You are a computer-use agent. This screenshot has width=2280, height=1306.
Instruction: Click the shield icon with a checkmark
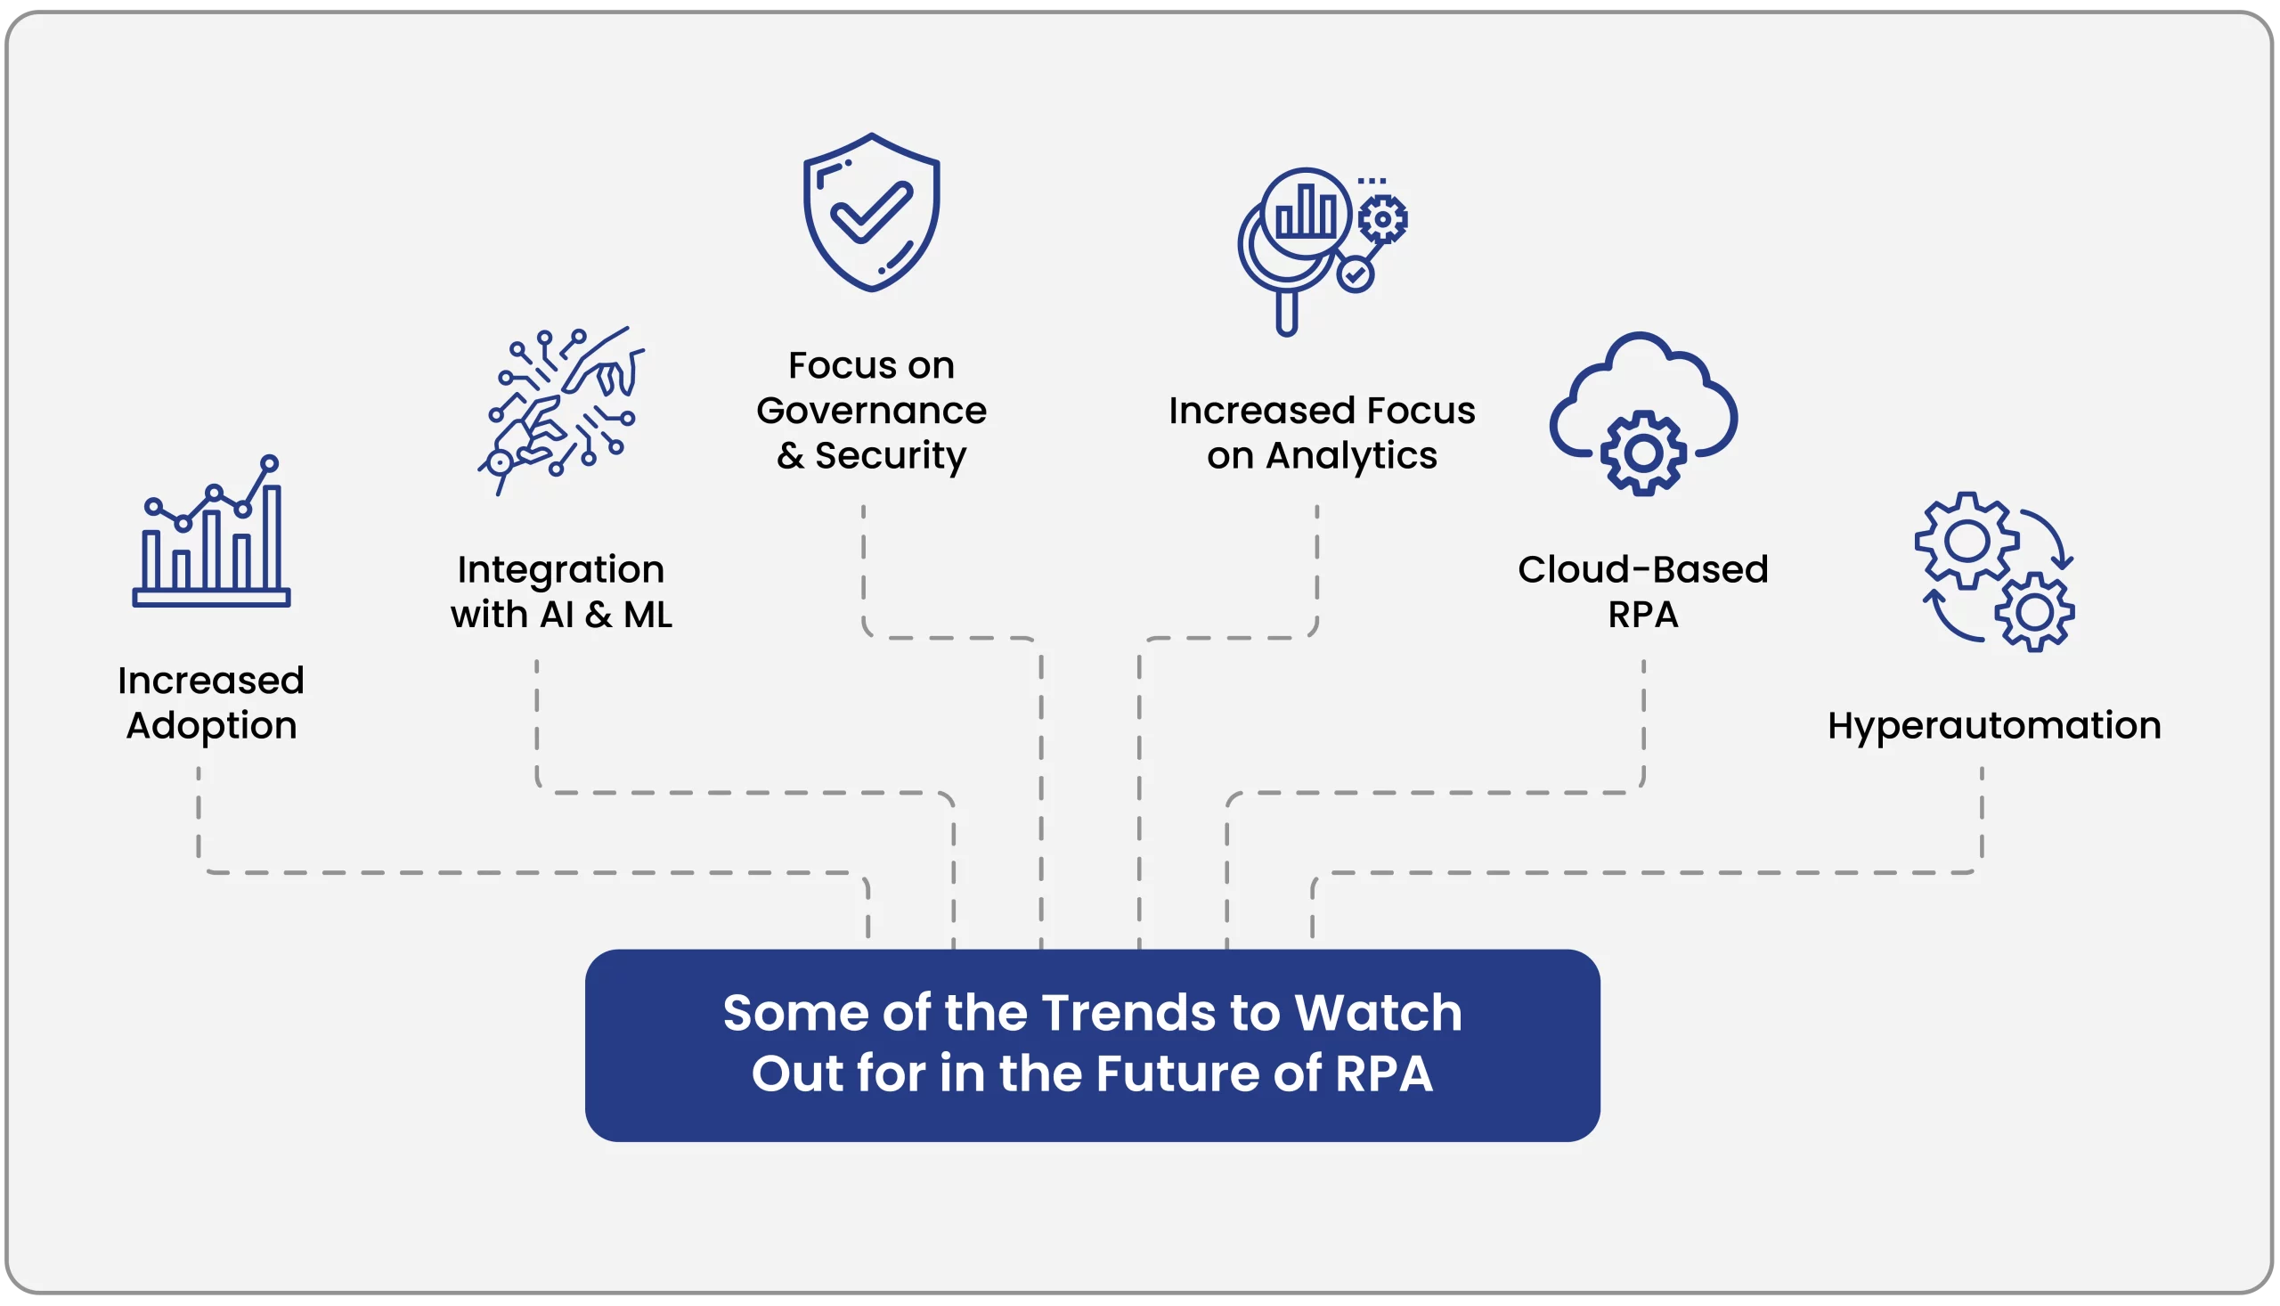tap(870, 213)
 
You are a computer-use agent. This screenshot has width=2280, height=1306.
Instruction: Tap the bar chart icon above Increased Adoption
tap(212, 531)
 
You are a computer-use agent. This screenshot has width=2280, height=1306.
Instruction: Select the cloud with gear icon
tap(1643, 414)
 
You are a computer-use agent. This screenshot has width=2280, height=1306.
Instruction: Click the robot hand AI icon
tap(561, 411)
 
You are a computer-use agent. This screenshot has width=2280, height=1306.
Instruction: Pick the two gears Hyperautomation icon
tap(1995, 571)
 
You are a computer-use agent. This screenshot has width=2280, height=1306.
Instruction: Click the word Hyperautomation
tap(1995, 726)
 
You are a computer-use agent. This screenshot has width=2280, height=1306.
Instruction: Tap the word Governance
tap(870, 411)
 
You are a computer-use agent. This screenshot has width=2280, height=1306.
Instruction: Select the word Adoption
tap(212, 726)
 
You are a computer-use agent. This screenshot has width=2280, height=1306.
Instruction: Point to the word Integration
tap(561, 570)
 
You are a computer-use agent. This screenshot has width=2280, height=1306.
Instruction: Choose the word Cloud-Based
tap(1643, 569)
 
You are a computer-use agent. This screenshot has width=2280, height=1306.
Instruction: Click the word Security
tap(891, 455)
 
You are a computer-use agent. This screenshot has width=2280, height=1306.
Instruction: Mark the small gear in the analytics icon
tap(1382, 219)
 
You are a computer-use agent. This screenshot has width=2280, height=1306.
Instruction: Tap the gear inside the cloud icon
tap(1643, 453)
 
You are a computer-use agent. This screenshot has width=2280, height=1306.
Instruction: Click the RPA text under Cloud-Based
tap(1642, 616)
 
